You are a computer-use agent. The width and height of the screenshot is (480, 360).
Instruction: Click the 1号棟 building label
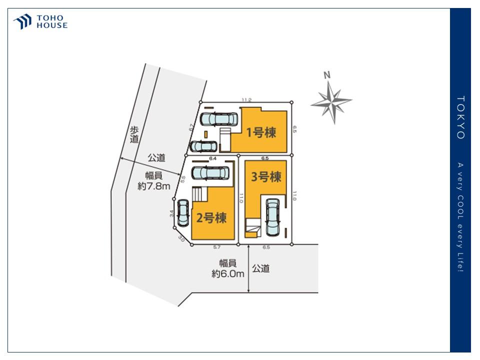pyautogui.click(x=261, y=132)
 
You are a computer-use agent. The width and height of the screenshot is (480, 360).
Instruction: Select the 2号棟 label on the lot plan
pyautogui.click(x=211, y=218)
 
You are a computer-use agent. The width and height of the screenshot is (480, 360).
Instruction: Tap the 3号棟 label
pyautogui.click(x=265, y=176)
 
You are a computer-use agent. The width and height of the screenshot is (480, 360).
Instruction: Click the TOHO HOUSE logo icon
pyautogui.click(x=23, y=21)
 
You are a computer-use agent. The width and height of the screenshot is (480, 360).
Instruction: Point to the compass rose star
pyautogui.click(x=331, y=102)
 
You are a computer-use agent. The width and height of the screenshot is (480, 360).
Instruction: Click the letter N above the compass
pyautogui.click(x=327, y=75)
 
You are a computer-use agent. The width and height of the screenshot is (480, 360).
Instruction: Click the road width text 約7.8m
pyautogui.click(x=154, y=186)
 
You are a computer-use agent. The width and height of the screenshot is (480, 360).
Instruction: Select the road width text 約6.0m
pyautogui.click(x=227, y=273)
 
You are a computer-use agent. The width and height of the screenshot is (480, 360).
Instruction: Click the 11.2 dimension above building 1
pyautogui.click(x=246, y=100)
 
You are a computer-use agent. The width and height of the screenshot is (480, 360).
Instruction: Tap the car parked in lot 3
pyautogui.click(x=272, y=217)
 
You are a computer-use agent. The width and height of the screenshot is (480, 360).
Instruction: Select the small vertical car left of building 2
pyautogui.click(x=183, y=212)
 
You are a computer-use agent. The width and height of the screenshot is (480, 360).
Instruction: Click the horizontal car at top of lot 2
pyautogui.click(x=210, y=173)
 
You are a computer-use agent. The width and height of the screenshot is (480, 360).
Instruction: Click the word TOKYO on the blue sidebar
pyautogui.click(x=460, y=117)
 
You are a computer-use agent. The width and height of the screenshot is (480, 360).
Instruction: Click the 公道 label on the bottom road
pyautogui.click(x=260, y=268)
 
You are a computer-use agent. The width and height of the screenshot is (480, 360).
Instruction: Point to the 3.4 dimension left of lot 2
pyautogui.click(x=172, y=213)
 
